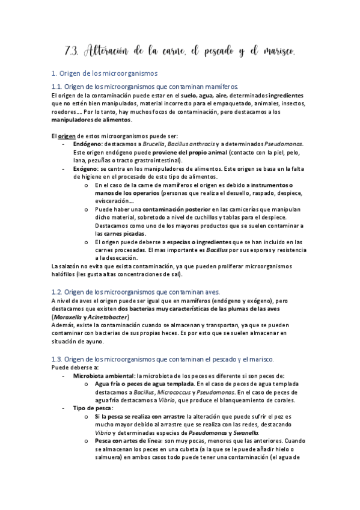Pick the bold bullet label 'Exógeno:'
[85, 170]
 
